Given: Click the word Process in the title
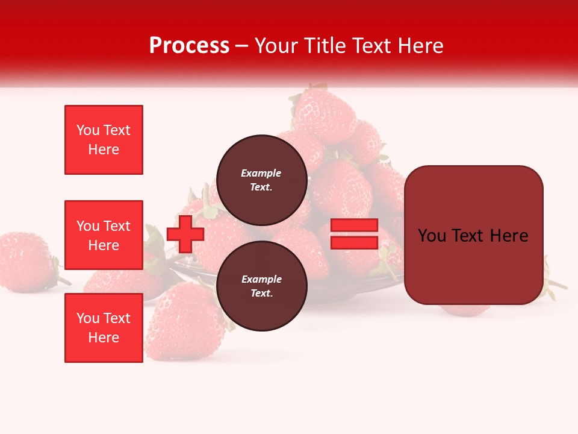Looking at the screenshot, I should (189, 46).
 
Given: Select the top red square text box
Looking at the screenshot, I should (104, 140).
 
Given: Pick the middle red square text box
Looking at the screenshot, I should (104, 235).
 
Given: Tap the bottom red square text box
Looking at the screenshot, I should (104, 328).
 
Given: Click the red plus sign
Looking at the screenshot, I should (185, 234).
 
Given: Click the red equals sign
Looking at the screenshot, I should (355, 234).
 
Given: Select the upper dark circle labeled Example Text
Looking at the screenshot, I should (261, 180).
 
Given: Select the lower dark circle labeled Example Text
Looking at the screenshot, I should (261, 286).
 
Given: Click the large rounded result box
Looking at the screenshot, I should (473, 235).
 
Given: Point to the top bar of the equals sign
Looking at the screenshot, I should (355, 225).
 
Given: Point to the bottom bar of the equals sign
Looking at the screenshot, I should (355, 242).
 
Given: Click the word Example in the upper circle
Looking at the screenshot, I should (261, 173).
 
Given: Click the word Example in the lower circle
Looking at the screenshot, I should (261, 279).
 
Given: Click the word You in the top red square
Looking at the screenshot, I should (88, 130).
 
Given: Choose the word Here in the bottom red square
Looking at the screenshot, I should (104, 338).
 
